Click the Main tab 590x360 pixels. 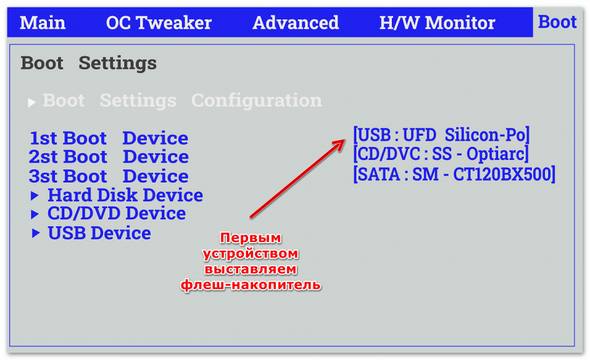coord(42,22)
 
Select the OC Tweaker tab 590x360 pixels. coord(159,22)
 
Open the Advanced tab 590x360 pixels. coord(296,22)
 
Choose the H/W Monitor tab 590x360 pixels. coord(437,22)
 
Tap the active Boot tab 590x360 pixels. coord(557,22)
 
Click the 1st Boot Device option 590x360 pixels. coord(109,138)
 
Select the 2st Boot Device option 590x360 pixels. coord(109,157)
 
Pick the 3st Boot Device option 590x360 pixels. coord(109,176)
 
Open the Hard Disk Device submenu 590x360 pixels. coord(125,195)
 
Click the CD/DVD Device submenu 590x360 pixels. coord(117,213)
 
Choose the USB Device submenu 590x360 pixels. coord(99,233)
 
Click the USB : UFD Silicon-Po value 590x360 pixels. coord(441,134)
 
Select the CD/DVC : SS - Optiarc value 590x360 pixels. coord(441,154)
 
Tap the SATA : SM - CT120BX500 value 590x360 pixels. coord(454,174)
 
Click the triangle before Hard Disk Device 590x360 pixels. coord(35,195)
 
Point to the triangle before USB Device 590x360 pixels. coord(36,233)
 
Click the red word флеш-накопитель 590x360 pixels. coord(251,285)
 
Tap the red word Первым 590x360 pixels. coord(251,237)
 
